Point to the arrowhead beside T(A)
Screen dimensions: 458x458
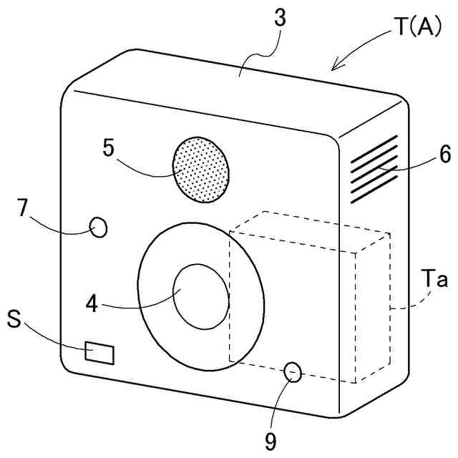point(335,67)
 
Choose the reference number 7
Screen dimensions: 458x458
point(23,208)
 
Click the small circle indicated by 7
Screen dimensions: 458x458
point(98,228)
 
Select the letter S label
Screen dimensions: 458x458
point(14,317)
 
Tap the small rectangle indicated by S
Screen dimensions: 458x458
point(99,352)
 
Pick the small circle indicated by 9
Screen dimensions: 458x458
point(293,371)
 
